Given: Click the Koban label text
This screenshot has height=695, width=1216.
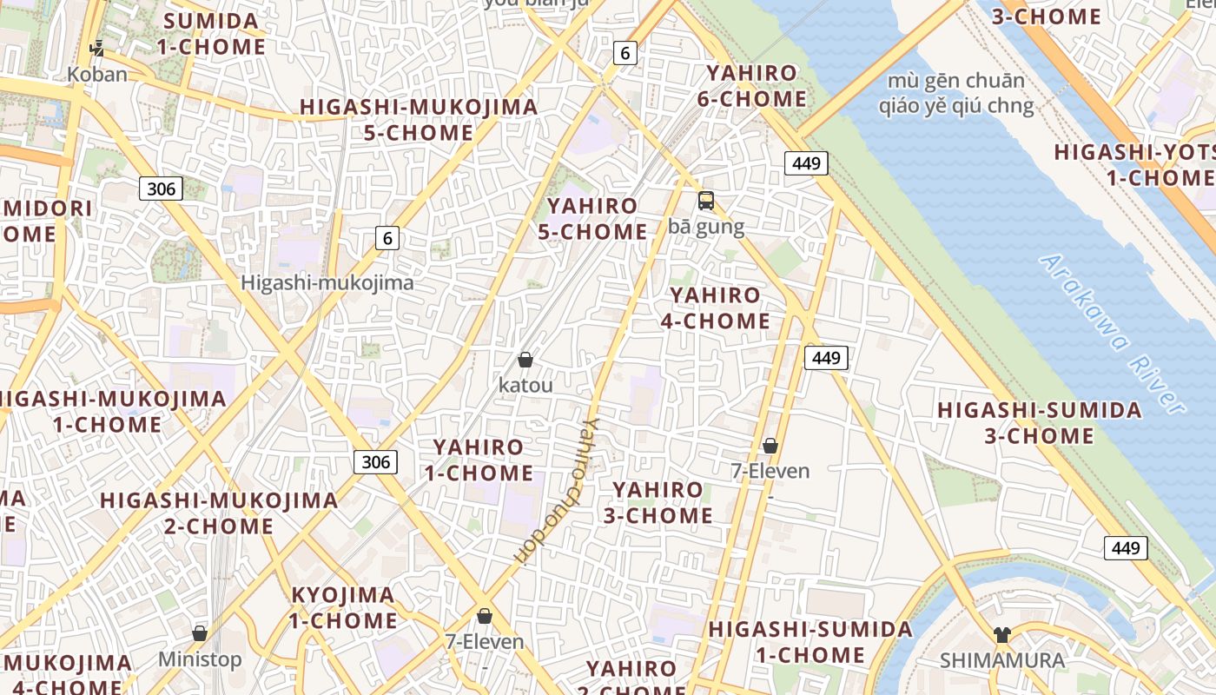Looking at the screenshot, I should pos(97,74).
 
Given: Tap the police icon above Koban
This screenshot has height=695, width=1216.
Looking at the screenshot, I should pos(97,49).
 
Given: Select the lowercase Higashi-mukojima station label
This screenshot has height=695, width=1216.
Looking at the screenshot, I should pos(327,282).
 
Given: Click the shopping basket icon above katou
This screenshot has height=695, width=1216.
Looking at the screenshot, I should pos(525,360).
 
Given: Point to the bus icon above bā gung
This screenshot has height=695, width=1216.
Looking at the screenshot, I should pos(706,201).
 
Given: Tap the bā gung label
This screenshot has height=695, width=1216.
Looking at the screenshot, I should pos(706,227).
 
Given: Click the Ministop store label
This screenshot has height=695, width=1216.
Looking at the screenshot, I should pos(200,659).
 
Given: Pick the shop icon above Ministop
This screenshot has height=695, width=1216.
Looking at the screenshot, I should pos(200,634).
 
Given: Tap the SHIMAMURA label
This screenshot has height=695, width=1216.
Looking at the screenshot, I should pos(1002,660).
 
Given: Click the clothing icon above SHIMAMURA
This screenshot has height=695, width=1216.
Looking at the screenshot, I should pos(1002,635).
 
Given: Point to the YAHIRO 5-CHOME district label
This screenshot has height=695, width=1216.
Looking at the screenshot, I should pos(597,219).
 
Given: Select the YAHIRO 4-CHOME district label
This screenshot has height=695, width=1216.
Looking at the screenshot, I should pos(715,308).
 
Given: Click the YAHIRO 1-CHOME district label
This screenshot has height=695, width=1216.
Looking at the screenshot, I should pos(479,460).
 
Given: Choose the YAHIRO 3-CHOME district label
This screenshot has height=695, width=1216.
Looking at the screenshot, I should pos(658,502).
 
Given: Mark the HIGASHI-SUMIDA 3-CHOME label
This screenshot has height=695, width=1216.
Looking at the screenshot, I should pos(1039,422).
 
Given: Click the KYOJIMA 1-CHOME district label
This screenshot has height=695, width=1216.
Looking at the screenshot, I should pos(343,608).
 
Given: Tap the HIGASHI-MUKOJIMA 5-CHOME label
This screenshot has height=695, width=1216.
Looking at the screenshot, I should pos(419,120).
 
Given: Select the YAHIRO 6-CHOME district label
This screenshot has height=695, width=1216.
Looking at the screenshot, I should pos(751,86).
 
